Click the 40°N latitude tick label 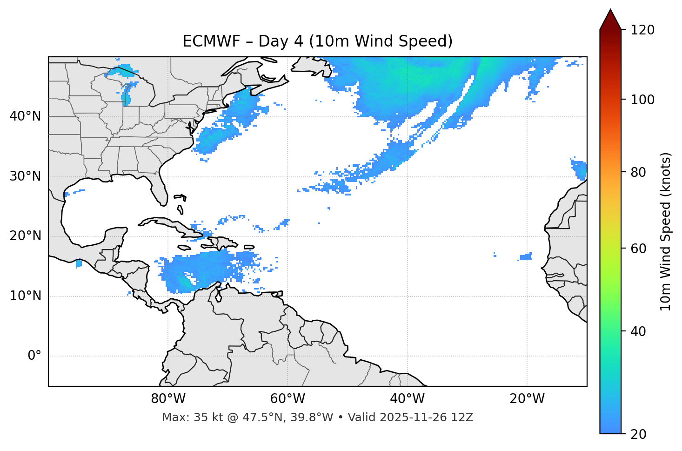point(25,116)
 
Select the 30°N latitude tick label point(25,176)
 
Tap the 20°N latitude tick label point(25,236)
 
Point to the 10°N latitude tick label point(25,296)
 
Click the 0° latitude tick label point(34,356)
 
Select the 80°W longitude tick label point(168,399)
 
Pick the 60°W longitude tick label point(287,399)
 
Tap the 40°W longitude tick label point(407,399)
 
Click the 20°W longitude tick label point(527,399)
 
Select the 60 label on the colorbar point(639,249)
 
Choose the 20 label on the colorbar point(639,434)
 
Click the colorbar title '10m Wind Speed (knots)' point(666,231)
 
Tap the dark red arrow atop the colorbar point(610,20)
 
